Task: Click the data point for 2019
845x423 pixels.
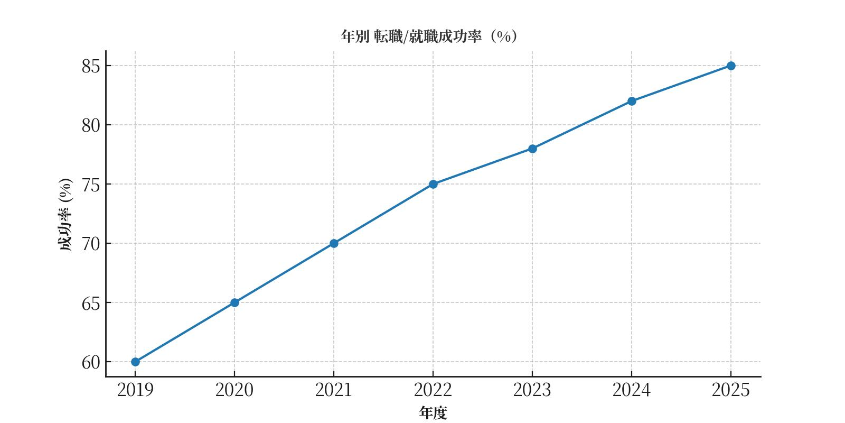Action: (x=135, y=362)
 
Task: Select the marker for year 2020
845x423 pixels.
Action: (x=234, y=302)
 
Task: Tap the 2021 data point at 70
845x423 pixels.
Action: (x=334, y=243)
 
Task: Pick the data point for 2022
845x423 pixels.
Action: (x=433, y=184)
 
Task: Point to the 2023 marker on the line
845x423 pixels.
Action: (x=532, y=149)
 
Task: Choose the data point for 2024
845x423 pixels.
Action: (x=632, y=101)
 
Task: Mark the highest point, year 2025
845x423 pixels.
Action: (x=731, y=66)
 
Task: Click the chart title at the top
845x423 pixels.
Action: (x=429, y=36)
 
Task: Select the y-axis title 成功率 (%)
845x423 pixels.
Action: (x=65, y=214)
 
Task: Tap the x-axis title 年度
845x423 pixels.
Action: (x=433, y=413)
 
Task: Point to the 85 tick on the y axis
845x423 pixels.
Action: (x=91, y=66)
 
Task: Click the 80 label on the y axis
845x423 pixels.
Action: (x=91, y=125)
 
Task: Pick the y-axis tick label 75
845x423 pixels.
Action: (x=91, y=185)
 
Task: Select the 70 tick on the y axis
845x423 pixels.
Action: (x=91, y=244)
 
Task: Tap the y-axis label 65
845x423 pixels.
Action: (x=91, y=303)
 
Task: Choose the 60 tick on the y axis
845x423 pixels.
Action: (x=91, y=362)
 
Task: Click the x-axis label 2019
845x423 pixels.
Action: (x=135, y=390)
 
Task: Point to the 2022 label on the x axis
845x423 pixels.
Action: (x=433, y=390)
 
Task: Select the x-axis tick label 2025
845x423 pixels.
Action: (x=731, y=390)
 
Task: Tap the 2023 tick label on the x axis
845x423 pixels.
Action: (x=532, y=390)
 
